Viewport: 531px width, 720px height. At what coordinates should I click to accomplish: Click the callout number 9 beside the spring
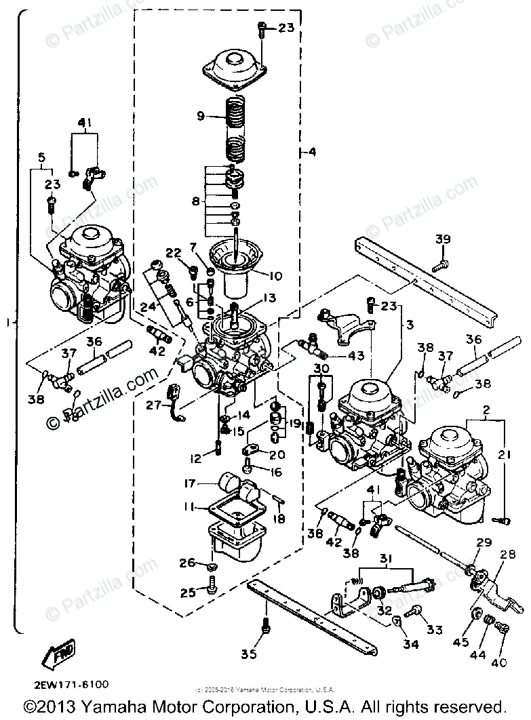click(x=201, y=116)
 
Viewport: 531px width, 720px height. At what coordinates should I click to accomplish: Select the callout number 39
click(x=442, y=239)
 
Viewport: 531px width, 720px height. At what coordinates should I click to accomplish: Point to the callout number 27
click(x=153, y=405)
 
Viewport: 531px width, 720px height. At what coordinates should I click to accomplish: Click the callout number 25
click(x=186, y=592)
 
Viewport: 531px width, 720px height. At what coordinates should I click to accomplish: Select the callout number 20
click(x=278, y=454)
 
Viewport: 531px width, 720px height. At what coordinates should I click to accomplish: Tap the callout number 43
click(x=356, y=355)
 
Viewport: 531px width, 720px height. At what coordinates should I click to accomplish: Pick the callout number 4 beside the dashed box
click(x=312, y=153)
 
